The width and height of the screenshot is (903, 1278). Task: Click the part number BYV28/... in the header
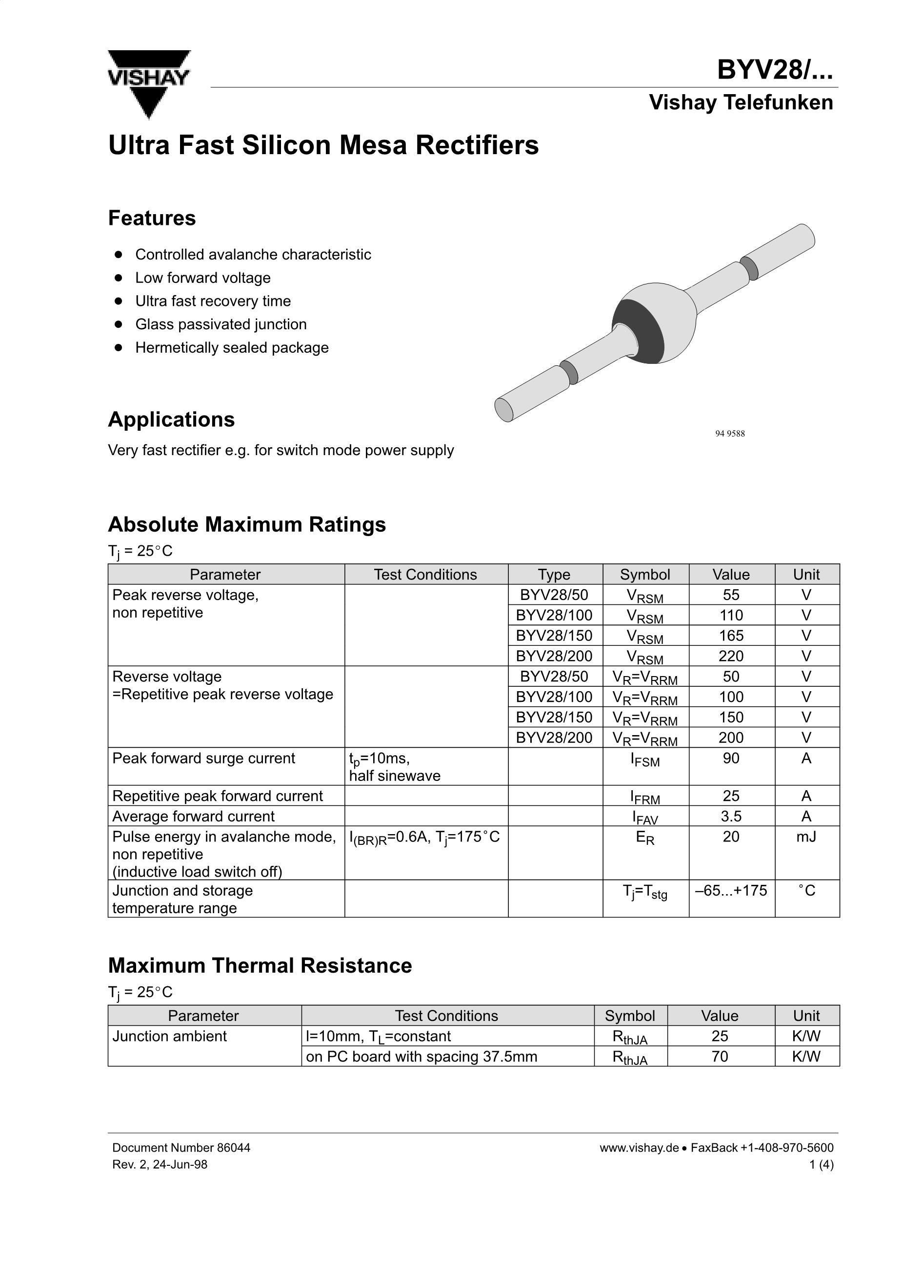(774, 70)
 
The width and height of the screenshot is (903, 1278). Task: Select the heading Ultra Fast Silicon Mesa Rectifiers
(323, 145)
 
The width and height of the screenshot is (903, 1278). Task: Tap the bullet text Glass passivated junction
(221, 324)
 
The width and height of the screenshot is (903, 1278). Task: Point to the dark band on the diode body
(640, 331)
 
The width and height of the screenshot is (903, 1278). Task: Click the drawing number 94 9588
(729, 434)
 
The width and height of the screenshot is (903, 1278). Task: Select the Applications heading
(171, 419)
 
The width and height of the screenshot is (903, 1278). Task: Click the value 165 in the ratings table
(731, 636)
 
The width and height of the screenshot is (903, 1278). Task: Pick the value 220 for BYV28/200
(731, 656)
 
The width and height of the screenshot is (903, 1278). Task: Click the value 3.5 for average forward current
(731, 817)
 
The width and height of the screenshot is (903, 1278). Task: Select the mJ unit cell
(806, 837)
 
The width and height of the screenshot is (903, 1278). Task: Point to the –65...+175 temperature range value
(731, 891)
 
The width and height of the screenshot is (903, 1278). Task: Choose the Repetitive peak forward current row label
(218, 796)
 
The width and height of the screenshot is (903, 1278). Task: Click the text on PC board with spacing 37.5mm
(421, 1057)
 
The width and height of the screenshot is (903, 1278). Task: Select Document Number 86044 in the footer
(181, 1148)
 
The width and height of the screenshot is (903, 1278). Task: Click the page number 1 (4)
(821, 1164)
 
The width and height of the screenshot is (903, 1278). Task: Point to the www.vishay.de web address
(639, 1148)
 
